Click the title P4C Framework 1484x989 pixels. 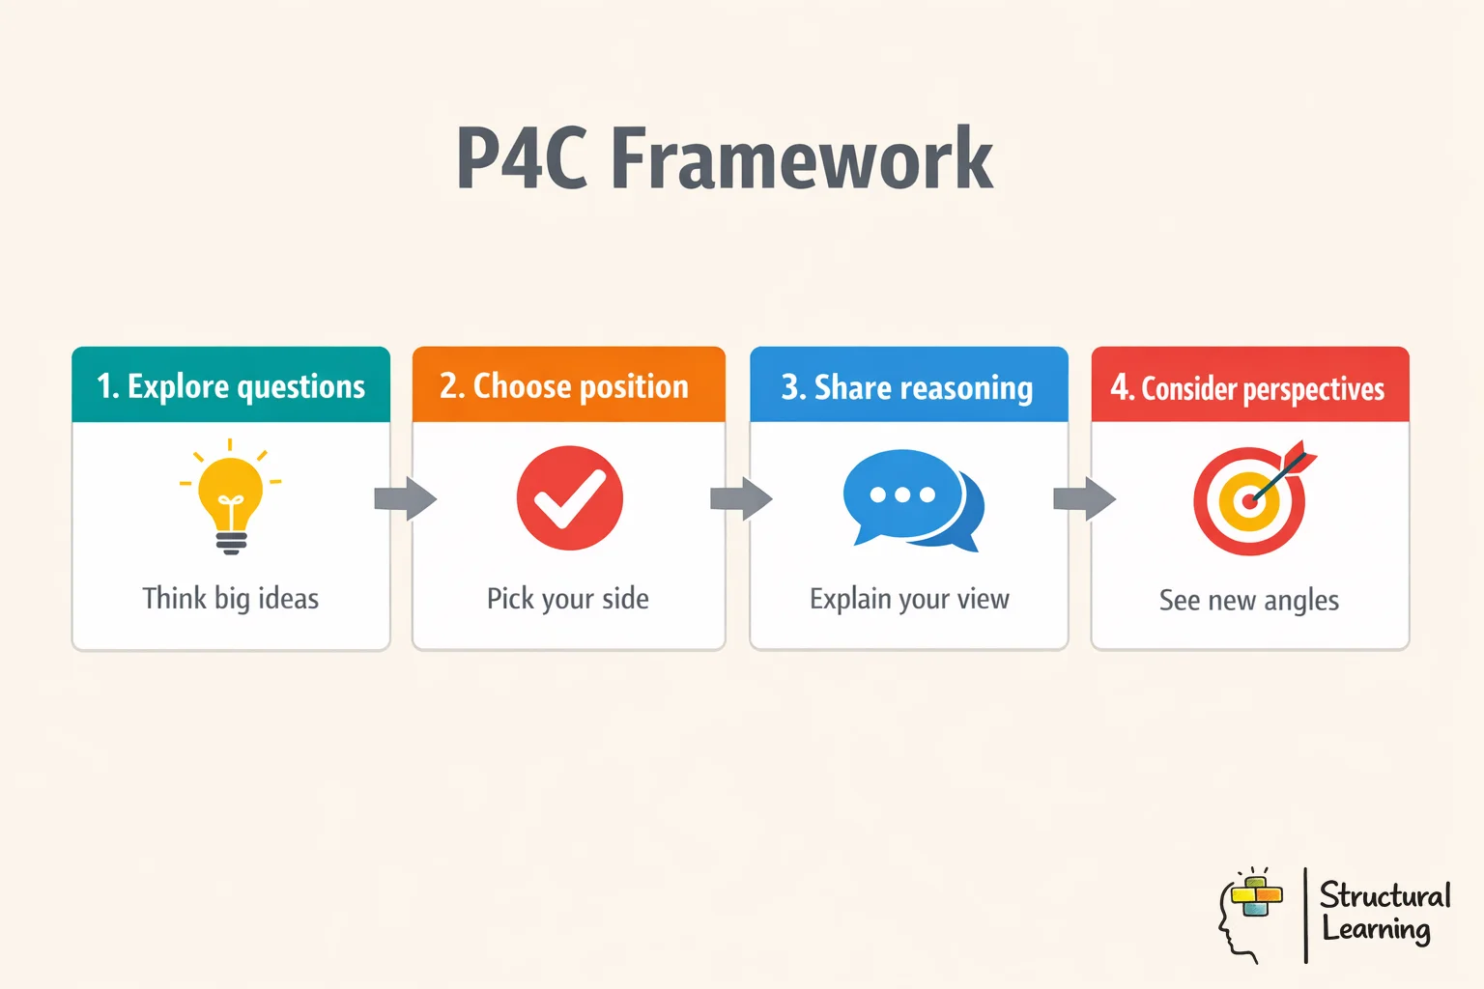click(x=724, y=158)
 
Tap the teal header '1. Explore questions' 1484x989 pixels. click(x=231, y=385)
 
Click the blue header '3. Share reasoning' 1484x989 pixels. click(x=908, y=386)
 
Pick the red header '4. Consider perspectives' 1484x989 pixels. click(x=1249, y=387)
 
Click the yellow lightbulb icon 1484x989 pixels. click(x=230, y=498)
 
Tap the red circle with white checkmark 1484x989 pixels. click(x=569, y=498)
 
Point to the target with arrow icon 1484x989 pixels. click(x=1252, y=499)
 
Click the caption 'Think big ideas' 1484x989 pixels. click(x=230, y=599)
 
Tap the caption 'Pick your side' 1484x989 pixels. click(x=568, y=599)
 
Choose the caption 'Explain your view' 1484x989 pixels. click(x=909, y=600)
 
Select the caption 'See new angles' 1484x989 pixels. click(x=1249, y=601)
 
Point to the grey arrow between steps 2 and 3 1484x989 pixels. click(x=741, y=498)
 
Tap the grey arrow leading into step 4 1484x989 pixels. click(x=1084, y=498)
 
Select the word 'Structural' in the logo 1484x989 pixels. click(x=1385, y=895)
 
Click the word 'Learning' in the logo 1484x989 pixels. click(x=1377, y=930)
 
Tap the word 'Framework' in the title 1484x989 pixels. click(x=802, y=158)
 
